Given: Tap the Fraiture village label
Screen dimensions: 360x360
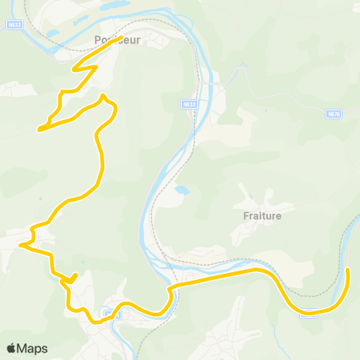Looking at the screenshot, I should click(x=262, y=215).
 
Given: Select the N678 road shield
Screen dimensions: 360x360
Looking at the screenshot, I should click(x=334, y=114).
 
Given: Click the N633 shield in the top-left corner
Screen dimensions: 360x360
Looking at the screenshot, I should click(x=13, y=24).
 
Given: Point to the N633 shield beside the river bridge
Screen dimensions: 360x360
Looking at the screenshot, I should click(x=190, y=104).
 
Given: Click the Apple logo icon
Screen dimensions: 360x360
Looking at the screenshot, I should click(x=11, y=348).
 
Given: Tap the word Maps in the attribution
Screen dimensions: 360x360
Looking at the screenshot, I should click(x=32, y=348).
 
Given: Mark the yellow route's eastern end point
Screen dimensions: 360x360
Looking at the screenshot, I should click(x=348, y=269).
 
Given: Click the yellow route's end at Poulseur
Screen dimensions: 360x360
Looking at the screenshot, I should click(x=121, y=37).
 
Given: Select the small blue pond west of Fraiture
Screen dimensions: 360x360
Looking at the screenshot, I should click(x=182, y=190).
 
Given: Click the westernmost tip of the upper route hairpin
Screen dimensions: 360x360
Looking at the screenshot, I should click(x=39, y=129).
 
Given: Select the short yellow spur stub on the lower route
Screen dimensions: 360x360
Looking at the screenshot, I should click(x=74, y=277).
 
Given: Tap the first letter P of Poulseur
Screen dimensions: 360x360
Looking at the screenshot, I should click(x=97, y=40).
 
